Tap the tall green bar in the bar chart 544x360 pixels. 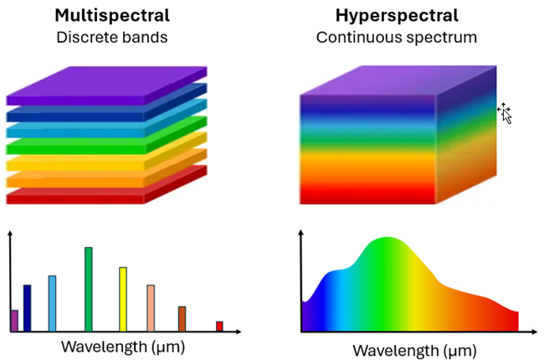[x=89, y=289]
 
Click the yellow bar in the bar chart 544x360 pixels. [x=123, y=299]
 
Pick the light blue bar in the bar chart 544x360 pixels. [x=52, y=303]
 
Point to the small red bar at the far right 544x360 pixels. [x=219, y=326]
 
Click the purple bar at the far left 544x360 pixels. [x=14, y=320]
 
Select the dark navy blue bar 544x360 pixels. [x=27, y=307]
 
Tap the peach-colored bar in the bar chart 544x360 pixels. [x=151, y=307]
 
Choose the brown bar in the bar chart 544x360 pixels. [x=182, y=318]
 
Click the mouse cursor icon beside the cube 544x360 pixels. [x=504, y=112]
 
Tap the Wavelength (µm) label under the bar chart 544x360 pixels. [x=122, y=345]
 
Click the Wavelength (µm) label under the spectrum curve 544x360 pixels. [x=413, y=349]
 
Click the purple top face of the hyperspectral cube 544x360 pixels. [x=393, y=80]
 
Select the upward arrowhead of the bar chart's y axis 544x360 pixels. [x=10, y=232]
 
